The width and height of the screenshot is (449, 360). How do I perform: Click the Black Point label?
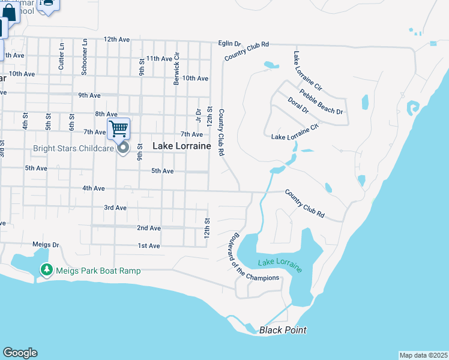pyautogui.click(x=283, y=330)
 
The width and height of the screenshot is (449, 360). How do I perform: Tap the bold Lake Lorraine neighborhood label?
pyautogui.click(x=181, y=146)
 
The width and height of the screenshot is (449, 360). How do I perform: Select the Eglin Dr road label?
pyautogui.click(x=229, y=43)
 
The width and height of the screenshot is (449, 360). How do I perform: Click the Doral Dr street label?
pyautogui.click(x=298, y=106)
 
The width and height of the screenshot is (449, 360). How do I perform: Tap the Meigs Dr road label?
pyautogui.click(x=46, y=245)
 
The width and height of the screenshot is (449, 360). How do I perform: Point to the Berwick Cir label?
pyautogui.click(x=176, y=68)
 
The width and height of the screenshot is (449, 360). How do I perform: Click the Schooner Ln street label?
pyautogui.click(x=85, y=58)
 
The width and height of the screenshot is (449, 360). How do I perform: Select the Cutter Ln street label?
pyautogui.click(x=61, y=56)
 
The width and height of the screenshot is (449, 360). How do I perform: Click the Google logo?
pyautogui.click(x=20, y=353)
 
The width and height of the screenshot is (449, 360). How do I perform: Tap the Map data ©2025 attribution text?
pyautogui.click(x=423, y=355)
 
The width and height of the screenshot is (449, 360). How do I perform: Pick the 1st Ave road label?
pyautogui.click(x=149, y=246)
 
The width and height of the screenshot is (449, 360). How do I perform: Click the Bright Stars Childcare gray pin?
pyautogui.click(x=124, y=148)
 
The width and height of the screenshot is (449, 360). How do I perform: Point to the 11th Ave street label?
pyautogui.click(x=158, y=58)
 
